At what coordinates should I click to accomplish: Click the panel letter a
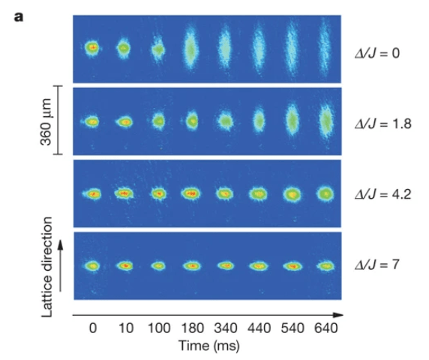click(x=19, y=17)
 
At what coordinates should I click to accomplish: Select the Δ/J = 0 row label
click(x=377, y=53)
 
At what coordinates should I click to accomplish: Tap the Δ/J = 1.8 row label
click(x=383, y=124)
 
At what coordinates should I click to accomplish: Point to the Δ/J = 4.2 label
click(x=383, y=194)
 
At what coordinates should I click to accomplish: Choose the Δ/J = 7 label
click(x=377, y=265)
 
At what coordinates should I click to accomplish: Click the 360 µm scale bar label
click(x=46, y=121)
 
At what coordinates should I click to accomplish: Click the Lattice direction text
click(x=46, y=267)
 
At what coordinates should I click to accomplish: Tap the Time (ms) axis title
click(x=208, y=346)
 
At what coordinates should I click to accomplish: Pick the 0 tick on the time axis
click(x=93, y=328)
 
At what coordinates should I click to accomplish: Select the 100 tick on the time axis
click(x=159, y=328)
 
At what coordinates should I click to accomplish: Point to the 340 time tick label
click(x=226, y=328)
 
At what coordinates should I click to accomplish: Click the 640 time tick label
click(x=325, y=328)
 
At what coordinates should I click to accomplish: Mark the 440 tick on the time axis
click(x=259, y=328)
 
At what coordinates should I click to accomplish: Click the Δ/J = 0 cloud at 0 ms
click(x=92, y=48)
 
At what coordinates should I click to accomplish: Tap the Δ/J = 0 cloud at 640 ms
click(x=325, y=48)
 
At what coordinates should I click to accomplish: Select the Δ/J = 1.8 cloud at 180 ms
click(x=192, y=120)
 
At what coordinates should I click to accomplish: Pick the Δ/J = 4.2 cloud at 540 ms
click(x=292, y=194)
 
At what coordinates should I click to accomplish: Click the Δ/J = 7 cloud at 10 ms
click(x=125, y=265)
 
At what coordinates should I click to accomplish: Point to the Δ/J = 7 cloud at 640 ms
click(x=325, y=265)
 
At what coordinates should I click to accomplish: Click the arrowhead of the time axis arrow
click(x=338, y=315)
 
